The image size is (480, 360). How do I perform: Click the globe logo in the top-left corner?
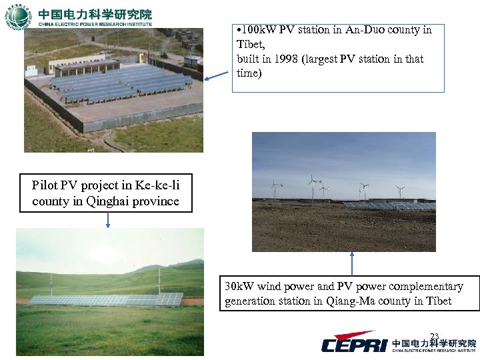[18, 16]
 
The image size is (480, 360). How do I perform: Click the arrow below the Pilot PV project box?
[108, 220]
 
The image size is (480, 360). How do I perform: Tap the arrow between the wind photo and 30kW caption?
[352, 263]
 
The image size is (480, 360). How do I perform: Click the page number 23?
[435, 336]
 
